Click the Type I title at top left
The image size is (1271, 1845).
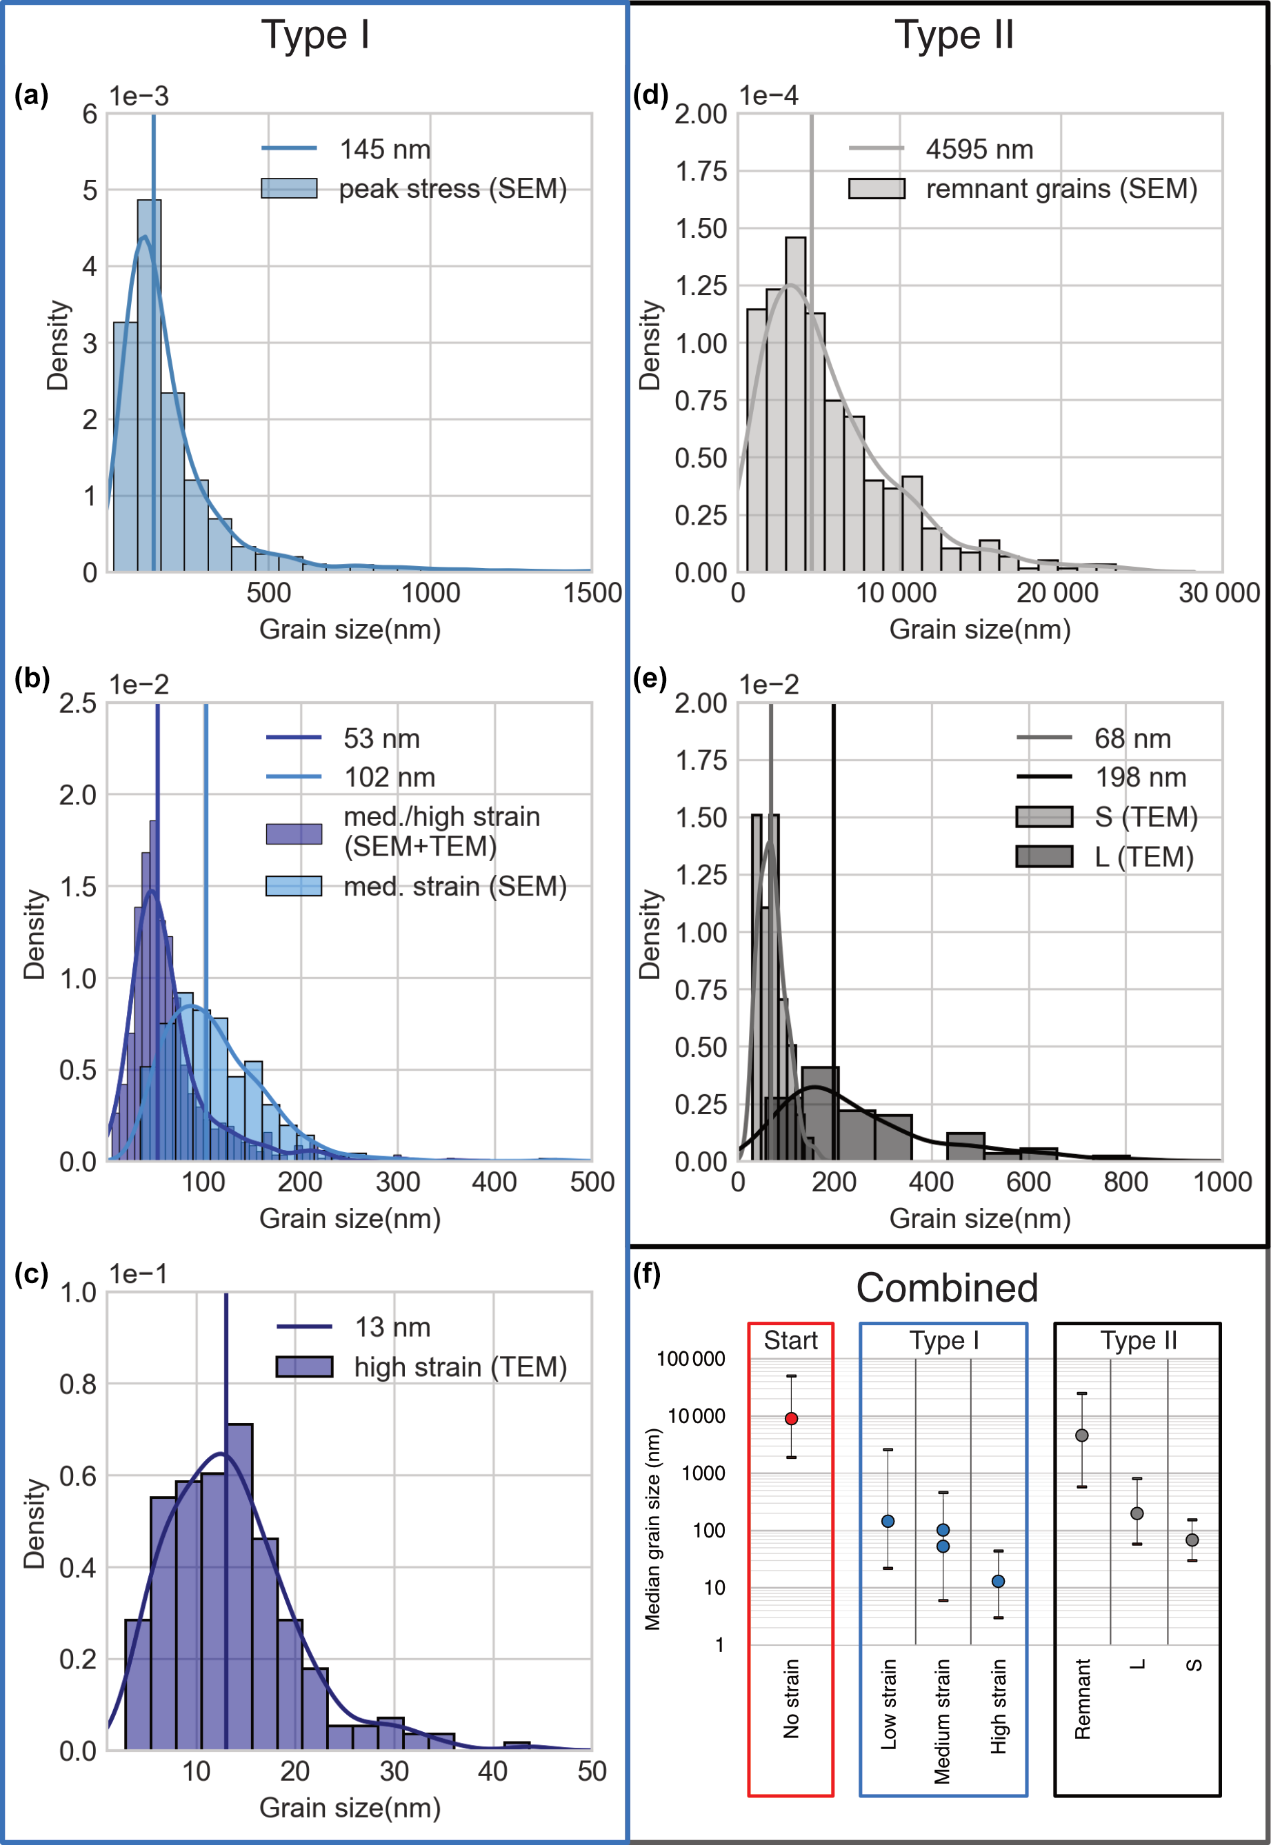(315, 36)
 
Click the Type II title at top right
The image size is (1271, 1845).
(953, 36)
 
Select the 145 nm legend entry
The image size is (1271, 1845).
(385, 150)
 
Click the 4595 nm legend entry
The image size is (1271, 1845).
(979, 150)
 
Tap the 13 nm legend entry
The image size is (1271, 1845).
(392, 1327)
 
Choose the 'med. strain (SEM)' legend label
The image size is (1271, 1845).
(454, 886)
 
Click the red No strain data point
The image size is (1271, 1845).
(791, 1418)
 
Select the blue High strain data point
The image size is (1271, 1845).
(998, 1581)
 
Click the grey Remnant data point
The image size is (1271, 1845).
(1081, 1435)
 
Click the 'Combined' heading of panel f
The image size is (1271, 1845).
(947, 1288)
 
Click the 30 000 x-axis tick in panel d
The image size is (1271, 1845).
(1219, 593)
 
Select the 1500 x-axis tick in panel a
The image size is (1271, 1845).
(592, 593)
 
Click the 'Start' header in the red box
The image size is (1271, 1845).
(790, 1340)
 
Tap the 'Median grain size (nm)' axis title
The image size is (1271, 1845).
(653, 1529)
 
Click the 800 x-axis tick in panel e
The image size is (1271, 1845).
(1125, 1182)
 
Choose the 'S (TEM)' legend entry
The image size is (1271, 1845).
(1145, 816)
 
